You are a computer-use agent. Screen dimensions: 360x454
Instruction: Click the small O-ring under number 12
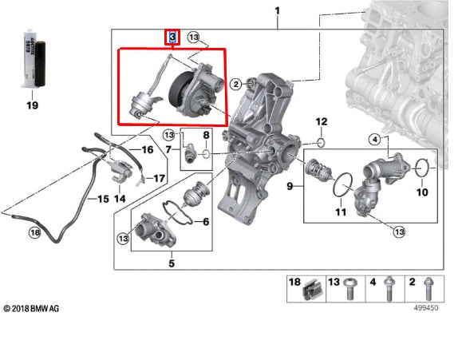pos(320,144)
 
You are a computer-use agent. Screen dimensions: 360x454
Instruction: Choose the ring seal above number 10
pos(424,168)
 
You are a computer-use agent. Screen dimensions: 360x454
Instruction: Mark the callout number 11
pos(341,212)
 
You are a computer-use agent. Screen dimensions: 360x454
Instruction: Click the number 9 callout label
pos(291,186)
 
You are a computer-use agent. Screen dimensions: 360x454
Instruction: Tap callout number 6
pos(206,221)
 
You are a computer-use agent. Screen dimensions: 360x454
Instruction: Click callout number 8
pos(206,135)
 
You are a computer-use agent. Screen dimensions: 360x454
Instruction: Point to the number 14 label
pos(120,198)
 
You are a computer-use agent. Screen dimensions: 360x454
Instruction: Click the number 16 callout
pos(147,149)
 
